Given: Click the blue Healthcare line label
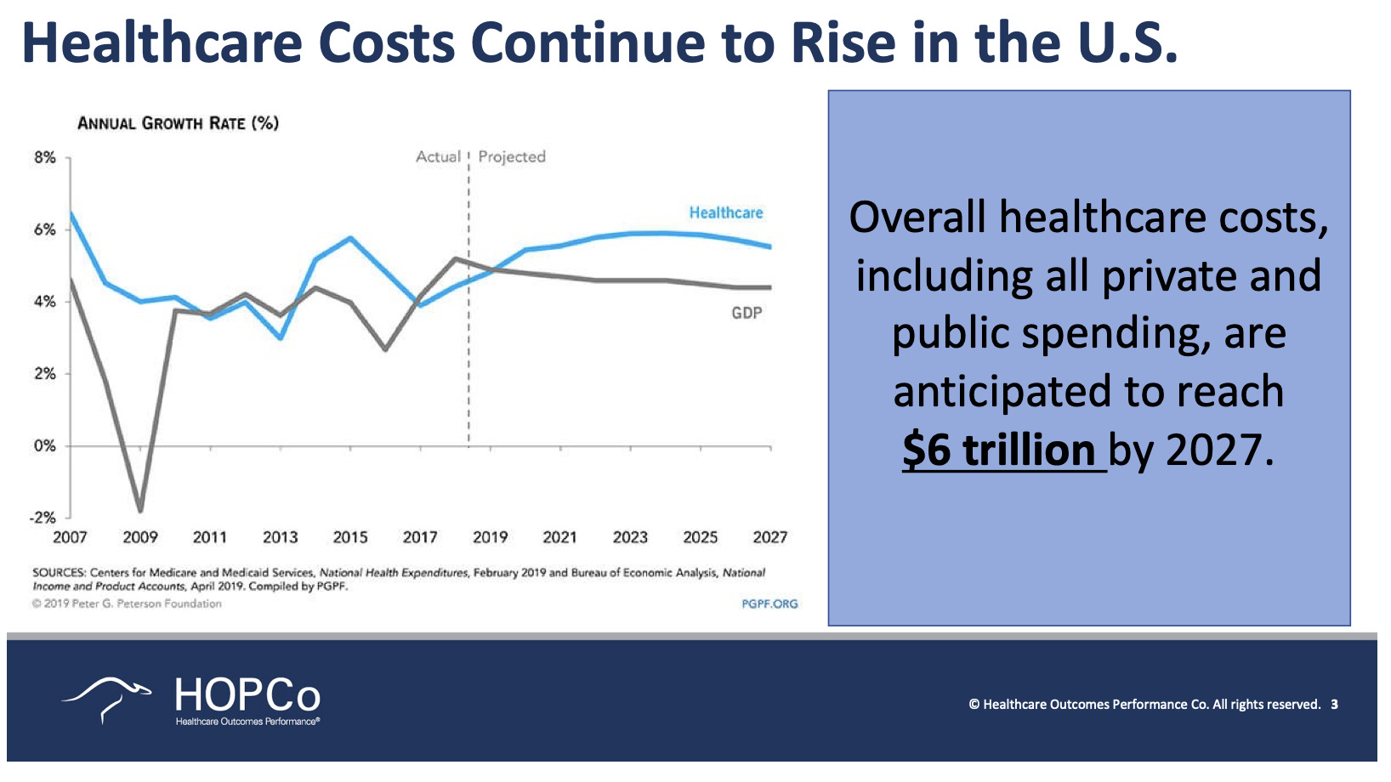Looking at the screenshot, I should (x=725, y=212).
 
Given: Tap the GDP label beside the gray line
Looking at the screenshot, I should (x=747, y=313).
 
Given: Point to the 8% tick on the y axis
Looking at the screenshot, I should (x=44, y=157).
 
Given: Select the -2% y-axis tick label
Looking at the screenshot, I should (x=43, y=517).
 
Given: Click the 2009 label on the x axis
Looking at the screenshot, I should (x=140, y=537).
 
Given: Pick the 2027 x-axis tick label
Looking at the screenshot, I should (x=769, y=537).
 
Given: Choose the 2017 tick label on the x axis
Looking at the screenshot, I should (x=420, y=537).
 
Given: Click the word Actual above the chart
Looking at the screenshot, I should (x=438, y=156).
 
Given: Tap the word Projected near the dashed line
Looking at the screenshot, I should (x=512, y=156).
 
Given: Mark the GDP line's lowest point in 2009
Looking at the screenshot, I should (x=140, y=511).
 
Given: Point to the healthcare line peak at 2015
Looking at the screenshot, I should (x=350, y=238).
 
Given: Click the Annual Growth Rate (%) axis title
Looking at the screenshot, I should (x=178, y=123).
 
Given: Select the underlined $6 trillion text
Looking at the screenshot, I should (x=999, y=450).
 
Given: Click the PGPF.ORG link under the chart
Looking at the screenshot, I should (x=769, y=603).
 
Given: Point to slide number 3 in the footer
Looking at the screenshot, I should (x=1334, y=704).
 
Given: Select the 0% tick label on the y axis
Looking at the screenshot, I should (x=44, y=445).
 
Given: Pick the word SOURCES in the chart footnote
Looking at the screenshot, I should (x=59, y=573).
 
